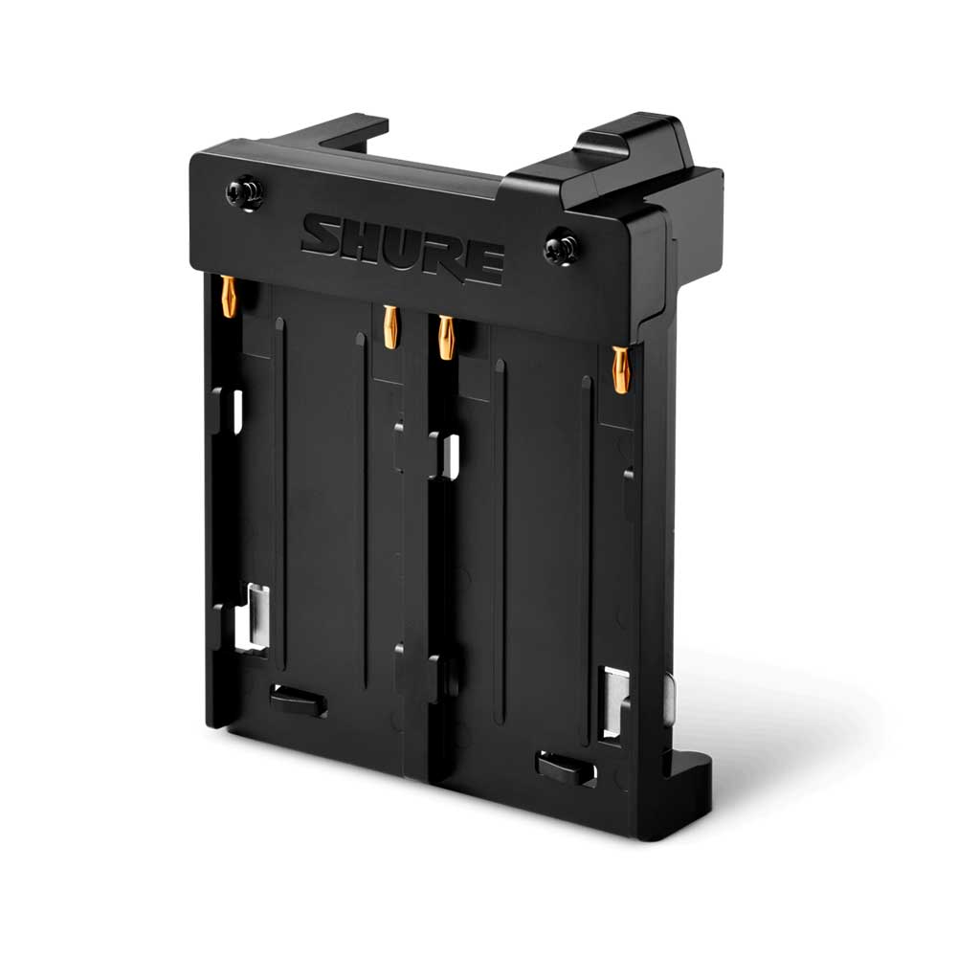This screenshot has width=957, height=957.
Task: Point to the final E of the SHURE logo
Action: (x=483, y=265)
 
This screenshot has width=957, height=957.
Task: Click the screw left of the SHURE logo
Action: (x=245, y=193)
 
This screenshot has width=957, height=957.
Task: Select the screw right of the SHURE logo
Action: (x=561, y=246)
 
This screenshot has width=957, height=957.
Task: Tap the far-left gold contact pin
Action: (x=229, y=297)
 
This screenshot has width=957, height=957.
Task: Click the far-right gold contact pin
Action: (x=621, y=369)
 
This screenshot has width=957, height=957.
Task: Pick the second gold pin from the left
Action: (x=389, y=326)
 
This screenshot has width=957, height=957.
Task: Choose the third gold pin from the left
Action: (x=446, y=337)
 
